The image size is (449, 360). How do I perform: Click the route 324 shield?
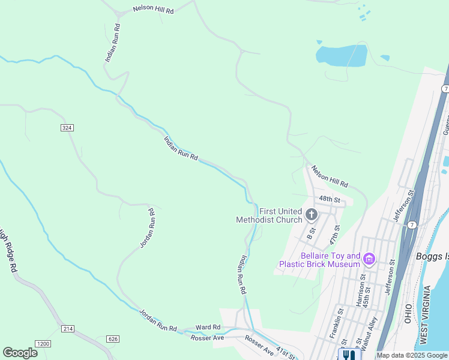(67, 127)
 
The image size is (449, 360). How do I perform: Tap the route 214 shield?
(67, 329)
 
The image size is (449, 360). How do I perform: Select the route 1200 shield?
(43, 344)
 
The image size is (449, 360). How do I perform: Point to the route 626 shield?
(113, 339)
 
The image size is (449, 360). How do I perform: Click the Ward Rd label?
(208, 327)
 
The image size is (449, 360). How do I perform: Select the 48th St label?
(330, 199)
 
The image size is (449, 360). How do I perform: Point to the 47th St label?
(336, 235)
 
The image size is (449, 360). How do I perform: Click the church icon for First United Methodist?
(311, 214)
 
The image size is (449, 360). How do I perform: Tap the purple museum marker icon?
(369, 259)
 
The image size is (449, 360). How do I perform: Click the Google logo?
(20, 352)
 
